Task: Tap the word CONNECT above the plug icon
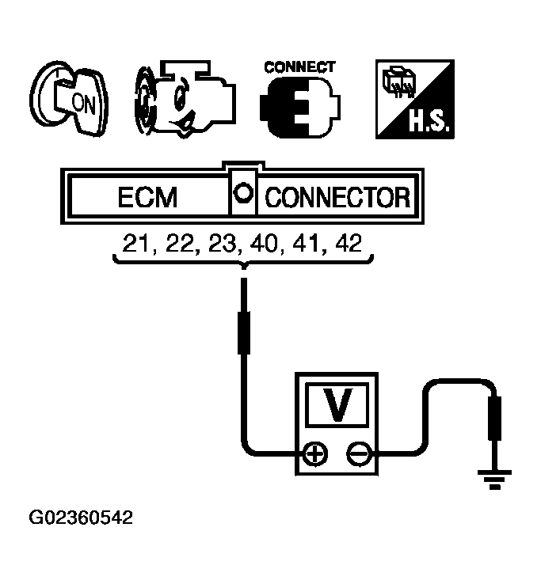coord(299,66)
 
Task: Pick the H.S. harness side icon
coord(413,100)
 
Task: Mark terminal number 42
coord(350,241)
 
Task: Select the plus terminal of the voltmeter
coord(315,455)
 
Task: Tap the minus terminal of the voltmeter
coord(359,455)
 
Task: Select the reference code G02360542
coord(81,519)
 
